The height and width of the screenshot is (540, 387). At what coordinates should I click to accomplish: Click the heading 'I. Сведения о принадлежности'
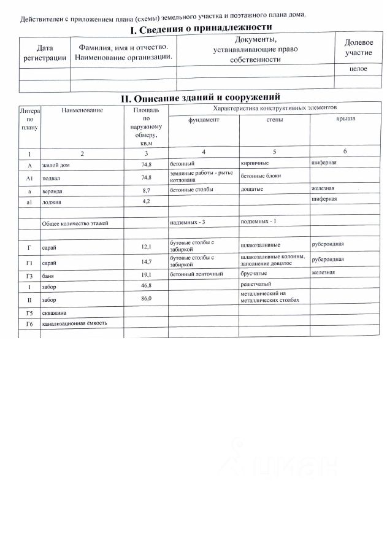[201, 29]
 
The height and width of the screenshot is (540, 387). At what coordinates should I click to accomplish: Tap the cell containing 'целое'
[358, 69]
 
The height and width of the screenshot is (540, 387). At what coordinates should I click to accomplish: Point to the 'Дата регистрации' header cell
[45, 53]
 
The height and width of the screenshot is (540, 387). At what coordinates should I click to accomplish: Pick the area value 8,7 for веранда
[146, 190]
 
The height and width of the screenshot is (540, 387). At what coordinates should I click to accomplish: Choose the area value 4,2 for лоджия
[146, 201]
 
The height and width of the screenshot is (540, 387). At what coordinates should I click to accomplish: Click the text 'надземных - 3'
[187, 222]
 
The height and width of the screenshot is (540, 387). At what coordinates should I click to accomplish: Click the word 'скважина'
[53, 312]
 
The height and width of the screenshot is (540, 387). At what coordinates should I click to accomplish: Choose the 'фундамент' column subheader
[204, 120]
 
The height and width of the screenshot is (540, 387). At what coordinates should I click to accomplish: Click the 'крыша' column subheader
[346, 118]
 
